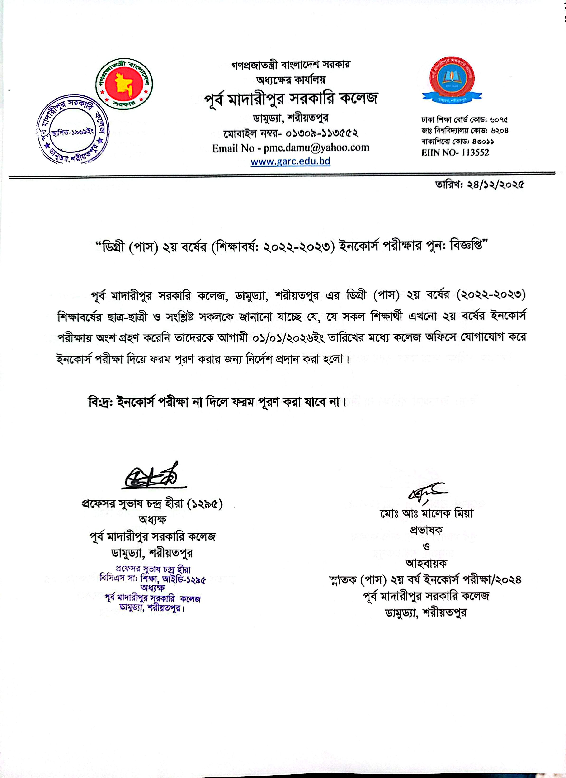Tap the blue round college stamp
pyautogui.click(x=72, y=132)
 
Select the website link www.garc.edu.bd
pyautogui.click(x=290, y=161)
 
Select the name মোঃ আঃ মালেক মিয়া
pyautogui.click(x=426, y=513)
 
